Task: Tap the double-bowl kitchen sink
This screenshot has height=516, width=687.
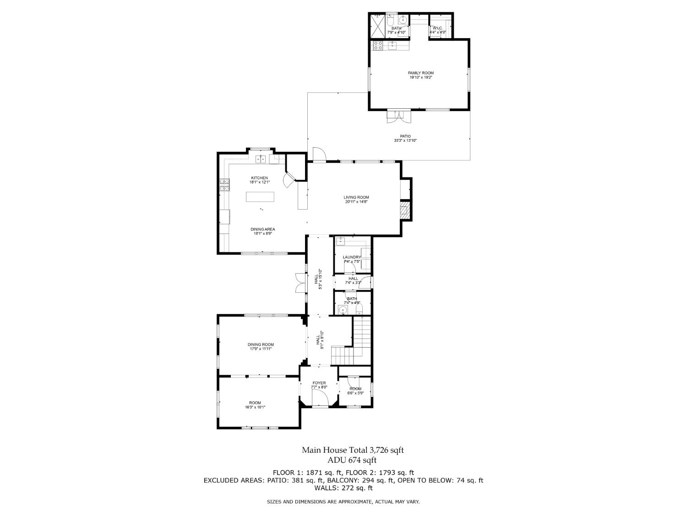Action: (x=261, y=159)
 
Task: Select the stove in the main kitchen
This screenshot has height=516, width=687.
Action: (x=224, y=185)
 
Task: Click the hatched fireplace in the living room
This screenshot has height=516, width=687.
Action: (x=405, y=211)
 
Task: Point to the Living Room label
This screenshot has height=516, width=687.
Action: (x=356, y=197)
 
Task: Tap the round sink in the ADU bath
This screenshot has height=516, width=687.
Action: (x=403, y=20)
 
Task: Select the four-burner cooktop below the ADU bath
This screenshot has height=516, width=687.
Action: (x=378, y=45)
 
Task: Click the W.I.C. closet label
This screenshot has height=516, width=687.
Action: (x=437, y=28)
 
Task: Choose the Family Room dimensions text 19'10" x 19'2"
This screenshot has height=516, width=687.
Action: (x=421, y=78)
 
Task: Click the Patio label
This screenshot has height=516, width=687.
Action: (x=405, y=136)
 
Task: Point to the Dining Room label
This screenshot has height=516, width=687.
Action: (x=261, y=344)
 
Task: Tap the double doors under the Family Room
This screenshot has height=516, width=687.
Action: (x=397, y=117)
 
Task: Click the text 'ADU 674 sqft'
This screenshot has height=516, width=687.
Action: (x=352, y=460)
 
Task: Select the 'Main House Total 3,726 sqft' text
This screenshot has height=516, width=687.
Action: (x=352, y=450)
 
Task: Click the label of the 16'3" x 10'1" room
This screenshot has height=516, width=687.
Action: (x=255, y=403)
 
